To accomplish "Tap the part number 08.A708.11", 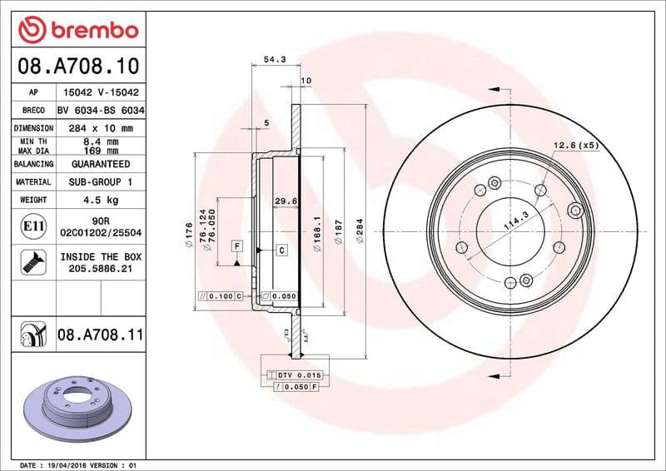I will tap(100, 335).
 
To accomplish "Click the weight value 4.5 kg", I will tap(100, 200).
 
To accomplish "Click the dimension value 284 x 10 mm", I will tap(100, 128).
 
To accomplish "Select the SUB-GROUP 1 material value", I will tap(100, 181).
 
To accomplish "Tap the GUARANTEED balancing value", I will tap(100, 164).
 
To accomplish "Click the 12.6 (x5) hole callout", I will tap(575, 146).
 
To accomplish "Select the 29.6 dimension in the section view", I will tap(286, 201).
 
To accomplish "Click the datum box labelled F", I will tap(237, 245).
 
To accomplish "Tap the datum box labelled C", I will tap(281, 250).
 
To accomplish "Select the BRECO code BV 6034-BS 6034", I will tap(100, 110).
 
